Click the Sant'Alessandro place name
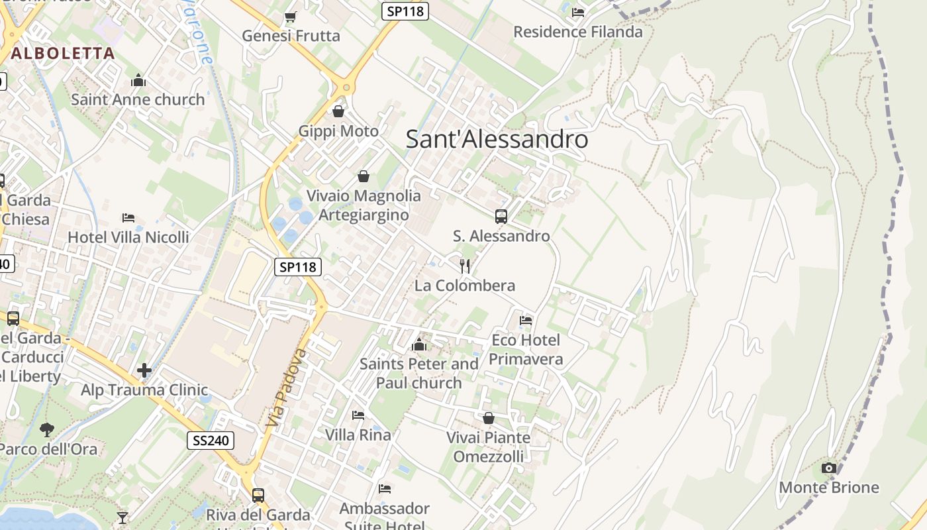[497, 139]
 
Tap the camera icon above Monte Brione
[828, 468]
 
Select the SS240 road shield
[211, 441]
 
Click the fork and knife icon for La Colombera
[465, 266]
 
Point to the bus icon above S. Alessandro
[501, 216]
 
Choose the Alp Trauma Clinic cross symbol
[144, 370]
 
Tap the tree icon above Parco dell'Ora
[46, 429]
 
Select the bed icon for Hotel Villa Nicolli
[128, 217]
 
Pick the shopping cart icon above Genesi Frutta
[290, 17]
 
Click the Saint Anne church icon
[138, 80]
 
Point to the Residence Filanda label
[577, 32]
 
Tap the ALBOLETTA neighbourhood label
[63, 53]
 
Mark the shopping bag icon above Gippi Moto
[338, 111]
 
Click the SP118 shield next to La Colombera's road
[298, 267]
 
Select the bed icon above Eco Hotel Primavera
[526, 321]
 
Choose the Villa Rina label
[358, 435]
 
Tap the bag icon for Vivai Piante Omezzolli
[489, 418]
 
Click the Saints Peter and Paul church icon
[418, 344]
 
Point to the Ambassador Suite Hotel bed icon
[385, 489]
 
